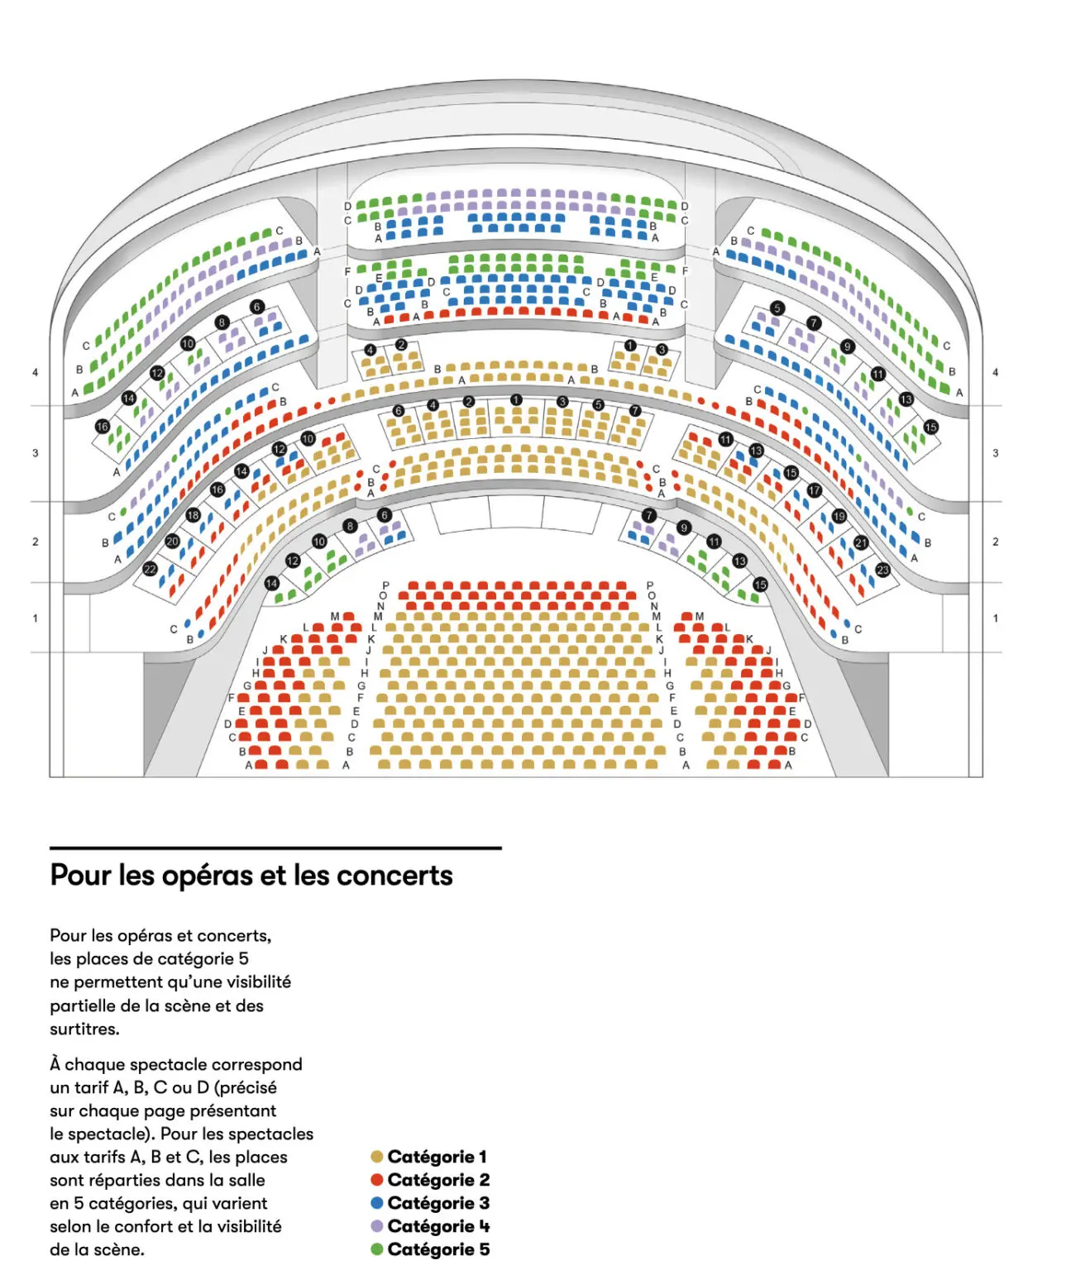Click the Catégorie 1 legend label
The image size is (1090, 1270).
437,1157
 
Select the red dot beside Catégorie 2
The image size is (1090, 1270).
377,1180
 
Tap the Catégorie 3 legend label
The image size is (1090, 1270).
438,1203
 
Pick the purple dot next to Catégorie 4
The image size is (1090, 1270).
377,1226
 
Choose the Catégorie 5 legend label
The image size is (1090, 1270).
438,1249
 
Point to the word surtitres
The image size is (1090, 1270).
84,1029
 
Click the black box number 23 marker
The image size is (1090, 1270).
882,570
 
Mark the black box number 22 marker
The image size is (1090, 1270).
150,569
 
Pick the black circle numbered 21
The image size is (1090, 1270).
861,543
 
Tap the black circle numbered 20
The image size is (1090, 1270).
172,542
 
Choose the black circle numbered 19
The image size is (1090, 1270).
839,516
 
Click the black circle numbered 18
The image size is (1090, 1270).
193,514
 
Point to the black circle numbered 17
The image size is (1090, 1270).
815,490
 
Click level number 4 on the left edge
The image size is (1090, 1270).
35,373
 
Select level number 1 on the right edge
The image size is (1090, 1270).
996,618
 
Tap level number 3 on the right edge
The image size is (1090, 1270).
996,453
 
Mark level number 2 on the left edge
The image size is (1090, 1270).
35,542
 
